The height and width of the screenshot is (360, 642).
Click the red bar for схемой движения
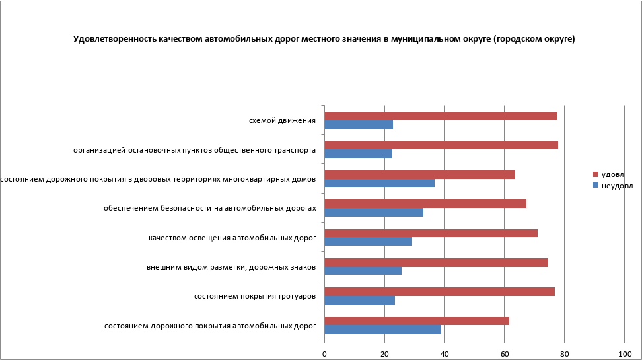[441, 116]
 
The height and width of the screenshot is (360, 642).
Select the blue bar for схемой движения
[359, 125]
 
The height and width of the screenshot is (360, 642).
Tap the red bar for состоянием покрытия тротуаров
[439, 291]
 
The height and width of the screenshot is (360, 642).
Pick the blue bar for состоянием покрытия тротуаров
[360, 300]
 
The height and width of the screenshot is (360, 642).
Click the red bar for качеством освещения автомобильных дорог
[431, 233]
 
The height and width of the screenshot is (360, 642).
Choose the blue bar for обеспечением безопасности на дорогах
[374, 213]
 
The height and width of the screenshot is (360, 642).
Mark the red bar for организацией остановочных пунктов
[441, 145]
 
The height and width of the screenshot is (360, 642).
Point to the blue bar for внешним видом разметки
[363, 271]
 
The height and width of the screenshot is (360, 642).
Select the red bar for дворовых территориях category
[419, 174]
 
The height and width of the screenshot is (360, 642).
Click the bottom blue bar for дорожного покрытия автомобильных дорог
[382, 329]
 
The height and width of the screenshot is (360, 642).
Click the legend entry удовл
[612, 174]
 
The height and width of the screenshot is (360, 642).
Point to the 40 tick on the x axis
[445, 354]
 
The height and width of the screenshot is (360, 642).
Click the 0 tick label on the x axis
[325, 354]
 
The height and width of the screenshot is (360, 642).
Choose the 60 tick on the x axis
[505, 354]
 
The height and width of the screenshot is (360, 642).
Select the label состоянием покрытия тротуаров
[254, 296]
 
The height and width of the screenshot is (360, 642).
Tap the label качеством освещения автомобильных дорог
[232, 238]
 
